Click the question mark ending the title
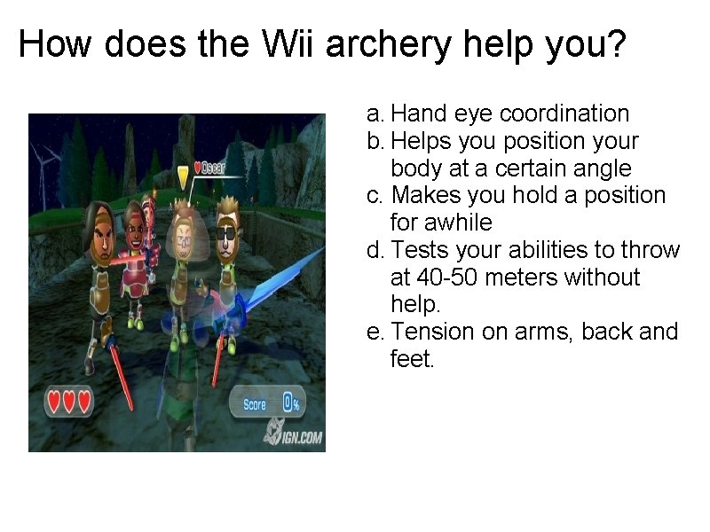(615, 43)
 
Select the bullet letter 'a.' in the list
(375, 113)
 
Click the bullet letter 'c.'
(375, 195)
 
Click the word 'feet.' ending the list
(413, 359)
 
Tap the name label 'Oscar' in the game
(213, 168)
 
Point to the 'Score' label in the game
(255, 404)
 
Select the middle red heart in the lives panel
(68, 402)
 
